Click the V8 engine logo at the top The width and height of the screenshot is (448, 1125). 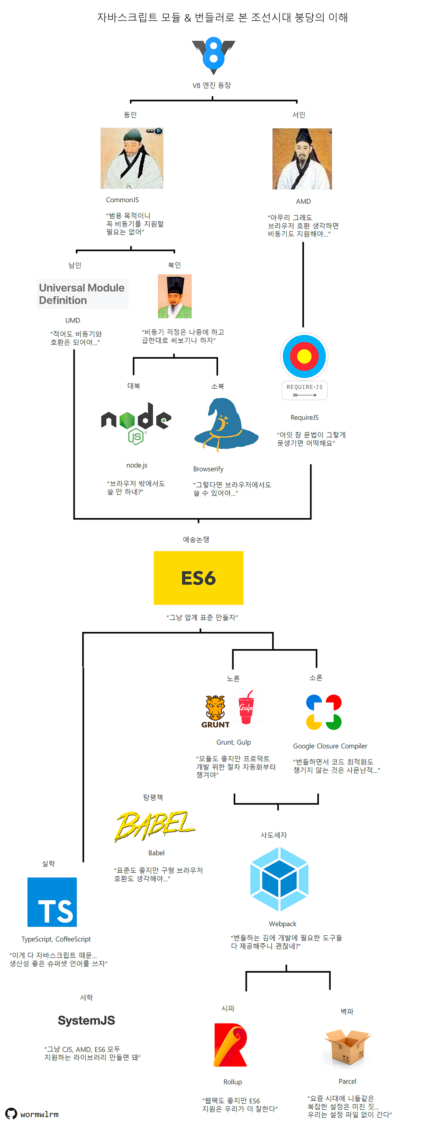(x=213, y=56)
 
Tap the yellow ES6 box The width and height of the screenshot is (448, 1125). (x=198, y=577)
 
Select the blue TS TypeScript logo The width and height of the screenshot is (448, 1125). (x=52, y=902)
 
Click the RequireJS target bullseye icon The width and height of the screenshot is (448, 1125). (x=304, y=356)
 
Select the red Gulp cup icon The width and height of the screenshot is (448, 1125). (x=246, y=707)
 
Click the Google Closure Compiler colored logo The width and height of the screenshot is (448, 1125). (x=324, y=712)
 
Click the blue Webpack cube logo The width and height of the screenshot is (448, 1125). (x=280, y=878)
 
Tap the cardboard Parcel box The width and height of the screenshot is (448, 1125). (x=347, y=1047)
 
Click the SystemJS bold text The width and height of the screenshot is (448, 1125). (x=87, y=1020)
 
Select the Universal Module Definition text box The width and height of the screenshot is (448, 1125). (x=82, y=294)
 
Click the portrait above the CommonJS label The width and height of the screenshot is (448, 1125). (x=132, y=158)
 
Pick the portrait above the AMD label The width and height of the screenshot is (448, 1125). (x=302, y=159)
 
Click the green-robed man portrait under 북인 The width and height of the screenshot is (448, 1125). (x=175, y=296)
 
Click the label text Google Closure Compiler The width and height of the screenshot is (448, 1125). (x=330, y=746)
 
